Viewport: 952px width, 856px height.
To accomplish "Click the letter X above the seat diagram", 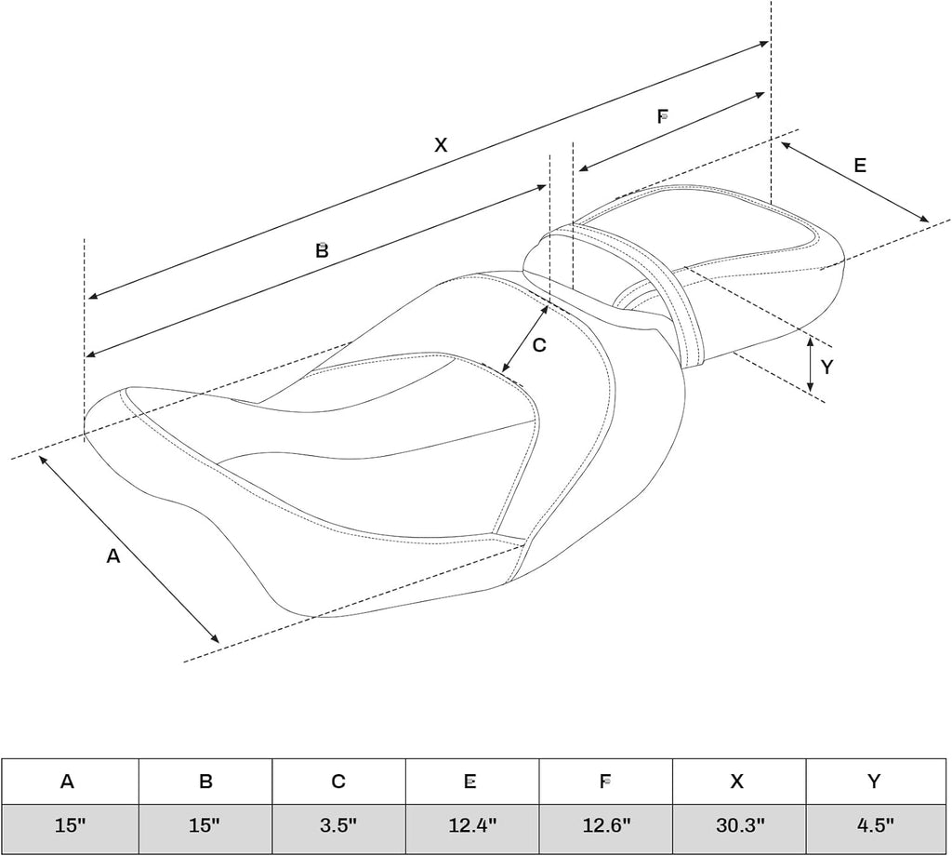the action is point(441,144).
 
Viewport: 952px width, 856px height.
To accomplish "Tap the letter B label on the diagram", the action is point(322,249).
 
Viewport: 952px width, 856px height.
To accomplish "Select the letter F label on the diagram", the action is point(663,116).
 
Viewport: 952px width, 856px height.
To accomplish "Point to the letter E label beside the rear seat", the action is point(860,166).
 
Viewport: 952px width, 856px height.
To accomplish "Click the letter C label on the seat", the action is point(539,345).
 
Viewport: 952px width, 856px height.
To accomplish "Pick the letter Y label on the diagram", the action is point(826,367).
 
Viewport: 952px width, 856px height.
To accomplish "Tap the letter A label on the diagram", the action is point(112,555).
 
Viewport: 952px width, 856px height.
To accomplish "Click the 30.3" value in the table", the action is point(739,825).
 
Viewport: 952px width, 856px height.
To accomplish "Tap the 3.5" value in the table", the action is point(338,825).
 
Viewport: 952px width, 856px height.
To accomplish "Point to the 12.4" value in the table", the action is point(472,825).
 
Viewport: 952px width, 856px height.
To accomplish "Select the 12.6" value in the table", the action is point(606,825).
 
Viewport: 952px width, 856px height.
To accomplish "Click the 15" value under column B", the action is point(204,825).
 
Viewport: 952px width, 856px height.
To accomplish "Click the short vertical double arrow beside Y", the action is point(811,365).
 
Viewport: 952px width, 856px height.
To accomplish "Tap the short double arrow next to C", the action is point(525,339).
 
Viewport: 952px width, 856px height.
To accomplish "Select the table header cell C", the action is point(338,782).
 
